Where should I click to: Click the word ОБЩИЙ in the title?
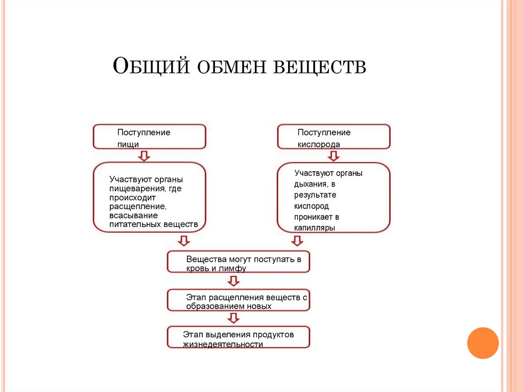click(x=148, y=67)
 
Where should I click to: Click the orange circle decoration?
click(x=483, y=343)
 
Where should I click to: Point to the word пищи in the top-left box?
click(x=128, y=145)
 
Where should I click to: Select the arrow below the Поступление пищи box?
click(x=145, y=155)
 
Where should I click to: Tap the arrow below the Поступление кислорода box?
click(x=334, y=155)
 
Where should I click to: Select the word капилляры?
click(x=314, y=228)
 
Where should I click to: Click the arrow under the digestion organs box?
click(x=183, y=241)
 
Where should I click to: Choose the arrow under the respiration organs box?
click(x=296, y=241)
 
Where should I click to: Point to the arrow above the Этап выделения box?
click(x=233, y=318)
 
